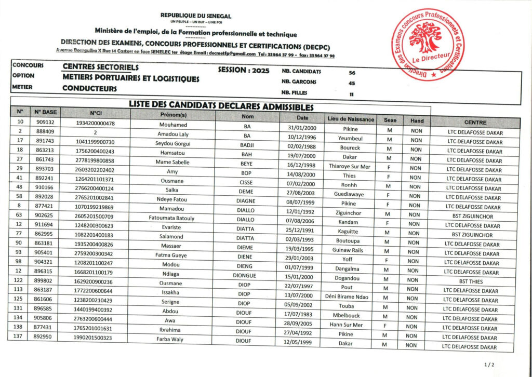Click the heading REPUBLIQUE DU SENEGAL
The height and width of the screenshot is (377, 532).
pos(196,16)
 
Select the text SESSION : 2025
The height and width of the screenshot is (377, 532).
pos(244,70)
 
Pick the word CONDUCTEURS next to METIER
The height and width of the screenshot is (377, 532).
pos(89,88)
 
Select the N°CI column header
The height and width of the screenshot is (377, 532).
pos(95,113)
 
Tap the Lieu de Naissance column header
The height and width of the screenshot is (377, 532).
pos(351,119)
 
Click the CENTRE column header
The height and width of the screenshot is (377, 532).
pos(475,123)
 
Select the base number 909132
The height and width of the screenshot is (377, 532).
pos(45,122)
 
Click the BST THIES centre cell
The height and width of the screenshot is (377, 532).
pos(475,281)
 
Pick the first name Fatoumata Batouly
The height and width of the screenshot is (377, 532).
pos(171,218)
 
